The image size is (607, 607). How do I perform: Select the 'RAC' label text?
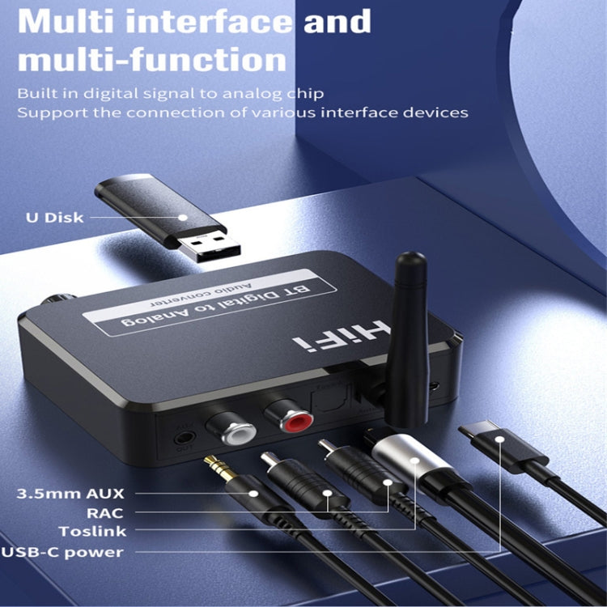106,512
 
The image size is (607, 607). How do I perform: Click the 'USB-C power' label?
63,552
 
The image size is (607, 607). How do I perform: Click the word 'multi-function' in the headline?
152,61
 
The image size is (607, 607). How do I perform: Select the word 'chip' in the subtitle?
304,92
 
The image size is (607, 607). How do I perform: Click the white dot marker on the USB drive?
183,217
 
